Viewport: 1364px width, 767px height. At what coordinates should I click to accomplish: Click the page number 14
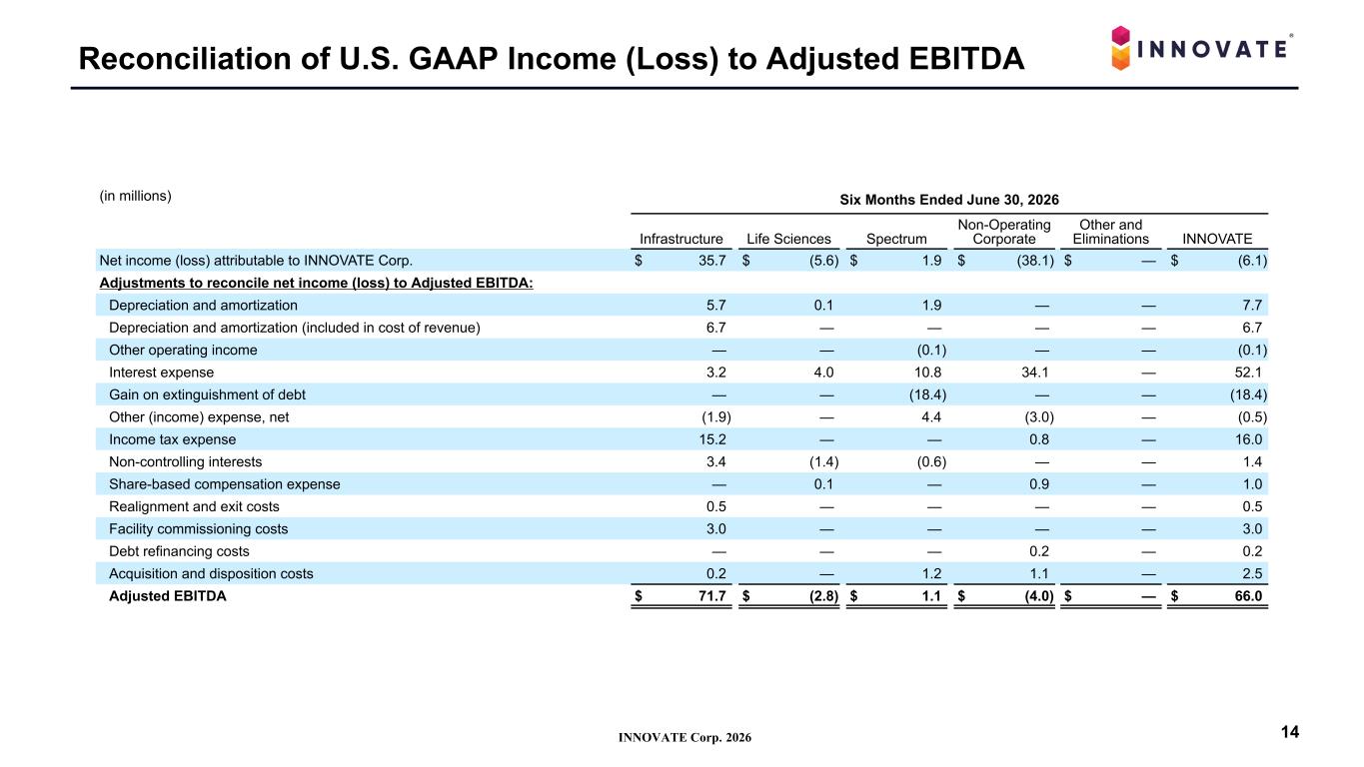pos(1290,732)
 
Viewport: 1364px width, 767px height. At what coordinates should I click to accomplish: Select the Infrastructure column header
pos(681,240)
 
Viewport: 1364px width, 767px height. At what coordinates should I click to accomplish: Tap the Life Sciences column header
pos(788,240)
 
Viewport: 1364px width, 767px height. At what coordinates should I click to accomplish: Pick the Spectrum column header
pos(896,240)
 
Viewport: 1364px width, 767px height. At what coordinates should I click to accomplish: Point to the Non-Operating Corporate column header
pos(1004,232)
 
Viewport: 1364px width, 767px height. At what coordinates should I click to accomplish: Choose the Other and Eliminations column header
pos(1111,232)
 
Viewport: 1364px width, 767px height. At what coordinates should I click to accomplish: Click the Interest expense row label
pos(161,373)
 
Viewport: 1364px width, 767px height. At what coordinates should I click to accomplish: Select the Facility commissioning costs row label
pos(199,529)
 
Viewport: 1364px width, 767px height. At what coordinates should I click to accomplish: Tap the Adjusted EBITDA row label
pos(168,596)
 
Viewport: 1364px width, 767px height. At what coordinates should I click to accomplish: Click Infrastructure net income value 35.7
pos(711,261)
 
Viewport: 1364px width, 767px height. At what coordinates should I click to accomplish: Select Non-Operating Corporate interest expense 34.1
pos(1034,373)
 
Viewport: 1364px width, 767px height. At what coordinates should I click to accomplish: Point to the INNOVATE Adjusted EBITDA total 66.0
pos(1248,596)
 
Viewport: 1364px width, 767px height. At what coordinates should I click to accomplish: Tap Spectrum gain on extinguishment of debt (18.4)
pos(927,395)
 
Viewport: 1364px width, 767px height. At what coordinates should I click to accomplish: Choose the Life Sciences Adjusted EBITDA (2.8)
pos(823,596)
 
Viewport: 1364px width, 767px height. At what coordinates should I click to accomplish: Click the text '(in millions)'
pos(135,196)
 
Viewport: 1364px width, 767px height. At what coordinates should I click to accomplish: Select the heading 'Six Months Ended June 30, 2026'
pos(949,200)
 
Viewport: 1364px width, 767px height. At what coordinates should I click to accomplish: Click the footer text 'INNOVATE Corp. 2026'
pos(684,738)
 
